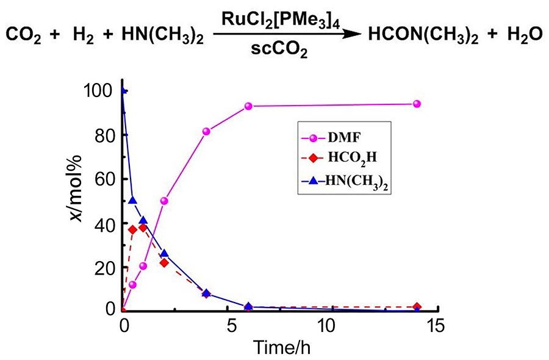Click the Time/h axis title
279,346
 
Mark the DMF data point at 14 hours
417,104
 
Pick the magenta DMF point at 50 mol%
164,201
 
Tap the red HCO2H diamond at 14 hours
417,307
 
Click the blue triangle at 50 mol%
132,200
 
